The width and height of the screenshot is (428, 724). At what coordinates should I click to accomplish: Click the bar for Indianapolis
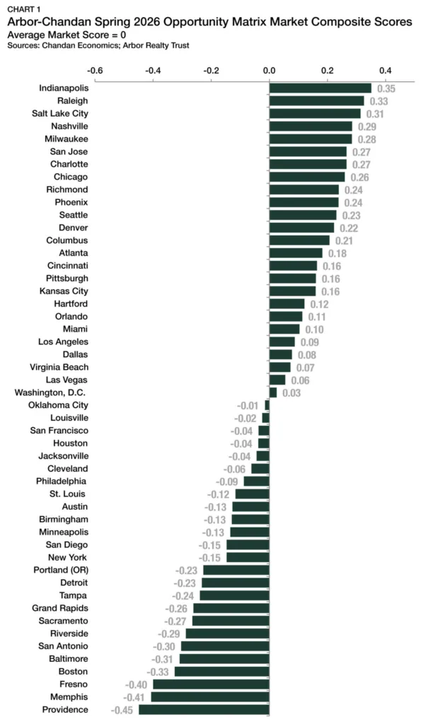tap(320, 88)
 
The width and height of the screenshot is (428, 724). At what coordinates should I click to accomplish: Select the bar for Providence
tap(204, 709)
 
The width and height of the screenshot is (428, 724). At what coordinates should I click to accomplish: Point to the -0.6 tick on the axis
tap(95, 71)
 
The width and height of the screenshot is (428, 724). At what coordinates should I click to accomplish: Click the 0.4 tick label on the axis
tap(386, 71)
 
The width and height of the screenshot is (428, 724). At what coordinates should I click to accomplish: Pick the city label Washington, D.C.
tap(51, 392)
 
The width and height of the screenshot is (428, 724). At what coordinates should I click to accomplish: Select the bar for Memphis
tap(210, 696)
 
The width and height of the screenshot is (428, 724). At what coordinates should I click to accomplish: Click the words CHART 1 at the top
tap(23, 9)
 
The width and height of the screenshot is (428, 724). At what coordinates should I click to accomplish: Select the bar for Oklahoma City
tap(267, 405)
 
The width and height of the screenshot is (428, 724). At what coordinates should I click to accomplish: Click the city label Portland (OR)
tap(61, 570)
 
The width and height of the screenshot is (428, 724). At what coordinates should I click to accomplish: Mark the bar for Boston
tap(221, 671)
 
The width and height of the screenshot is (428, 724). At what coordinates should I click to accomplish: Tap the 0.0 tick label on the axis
tap(270, 71)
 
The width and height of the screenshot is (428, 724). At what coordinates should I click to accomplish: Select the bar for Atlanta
tap(296, 253)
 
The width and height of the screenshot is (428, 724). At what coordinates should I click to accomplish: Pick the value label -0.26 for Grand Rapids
tap(176, 608)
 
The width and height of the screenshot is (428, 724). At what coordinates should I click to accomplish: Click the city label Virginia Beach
tap(59, 367)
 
